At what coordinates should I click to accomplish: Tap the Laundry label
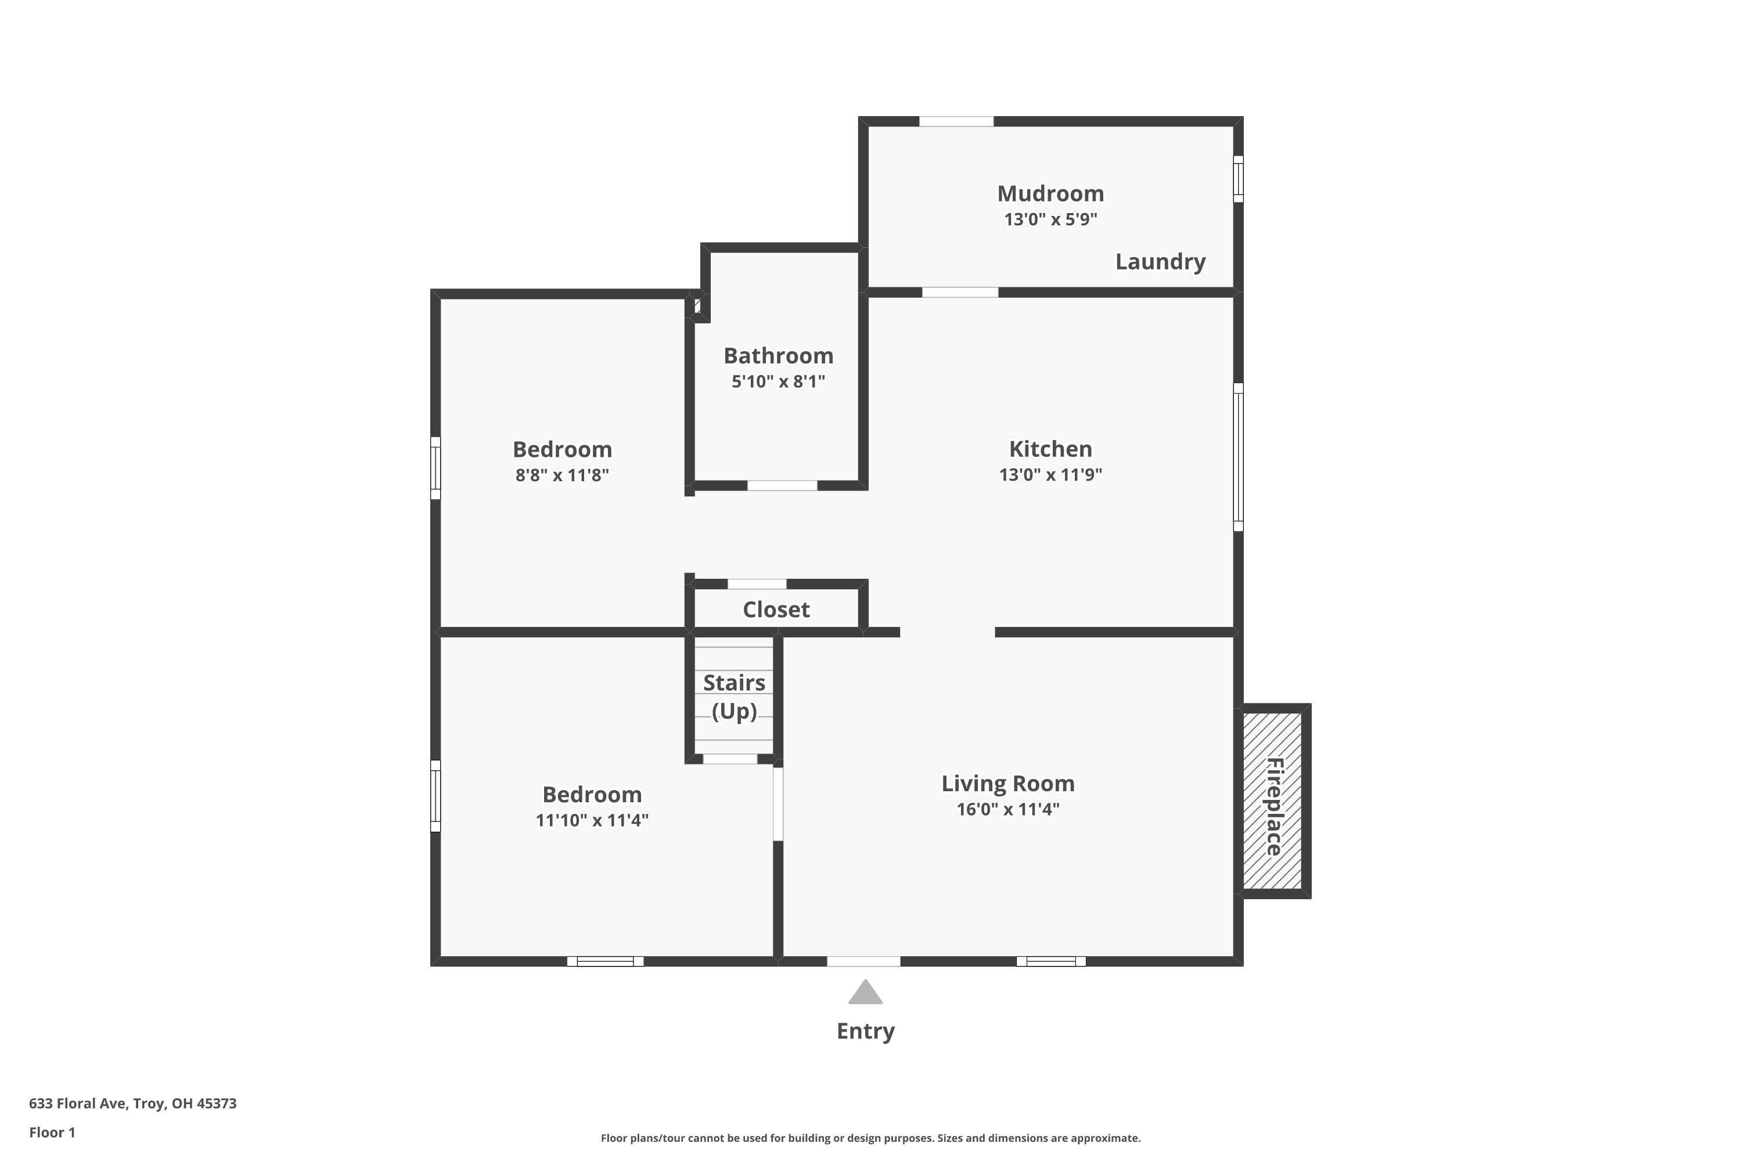click(x=1160, y=261)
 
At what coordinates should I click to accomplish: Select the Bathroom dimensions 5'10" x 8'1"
click(x=778, y=381)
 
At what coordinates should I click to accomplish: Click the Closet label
click(x=775, y=610)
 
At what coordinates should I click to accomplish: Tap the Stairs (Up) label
click(x=733, y=696)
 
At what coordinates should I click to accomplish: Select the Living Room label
click(x=1007, y=783)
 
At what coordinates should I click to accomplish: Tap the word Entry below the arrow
click(x=865, y=1031)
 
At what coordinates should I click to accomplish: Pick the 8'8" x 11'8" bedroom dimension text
click(x=562, y=475)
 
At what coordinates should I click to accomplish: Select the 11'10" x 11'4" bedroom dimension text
click(x=591, y=820)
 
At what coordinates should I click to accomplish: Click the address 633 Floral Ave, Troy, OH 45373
click(x=132, y=1104)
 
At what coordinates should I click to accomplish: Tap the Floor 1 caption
click(x=52, y=1132)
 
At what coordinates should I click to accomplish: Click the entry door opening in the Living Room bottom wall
click(x=863, y=961)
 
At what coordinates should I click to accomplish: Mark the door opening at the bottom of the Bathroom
click(x=782, y=486)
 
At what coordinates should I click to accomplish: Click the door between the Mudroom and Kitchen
click(x=959, y=293)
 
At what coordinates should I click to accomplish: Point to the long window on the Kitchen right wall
click(x=1237, y=457)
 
